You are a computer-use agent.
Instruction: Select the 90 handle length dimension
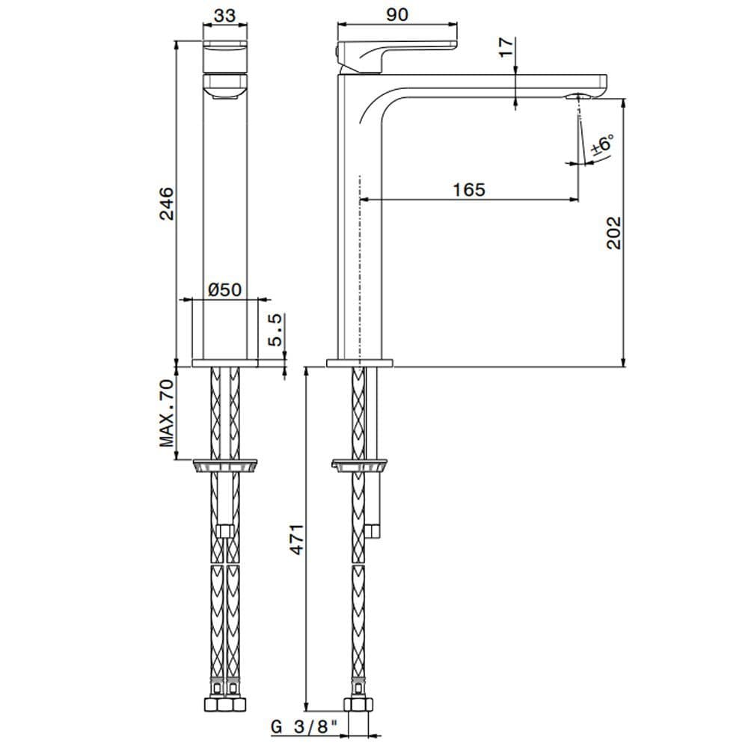[397, 13]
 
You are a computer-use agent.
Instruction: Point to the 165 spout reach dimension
[469, 189]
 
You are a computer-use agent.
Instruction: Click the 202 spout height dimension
[613, 233]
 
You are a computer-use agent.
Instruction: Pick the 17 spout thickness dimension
[507, 47]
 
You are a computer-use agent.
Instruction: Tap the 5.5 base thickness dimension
[275, 330]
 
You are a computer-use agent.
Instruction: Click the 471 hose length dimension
[296, 539]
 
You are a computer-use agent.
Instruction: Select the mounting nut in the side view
[360, 466]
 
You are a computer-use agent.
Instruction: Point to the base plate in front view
[225, 363]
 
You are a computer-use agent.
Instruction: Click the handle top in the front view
[224, 45]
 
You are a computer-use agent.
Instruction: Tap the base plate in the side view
[360, 363]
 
